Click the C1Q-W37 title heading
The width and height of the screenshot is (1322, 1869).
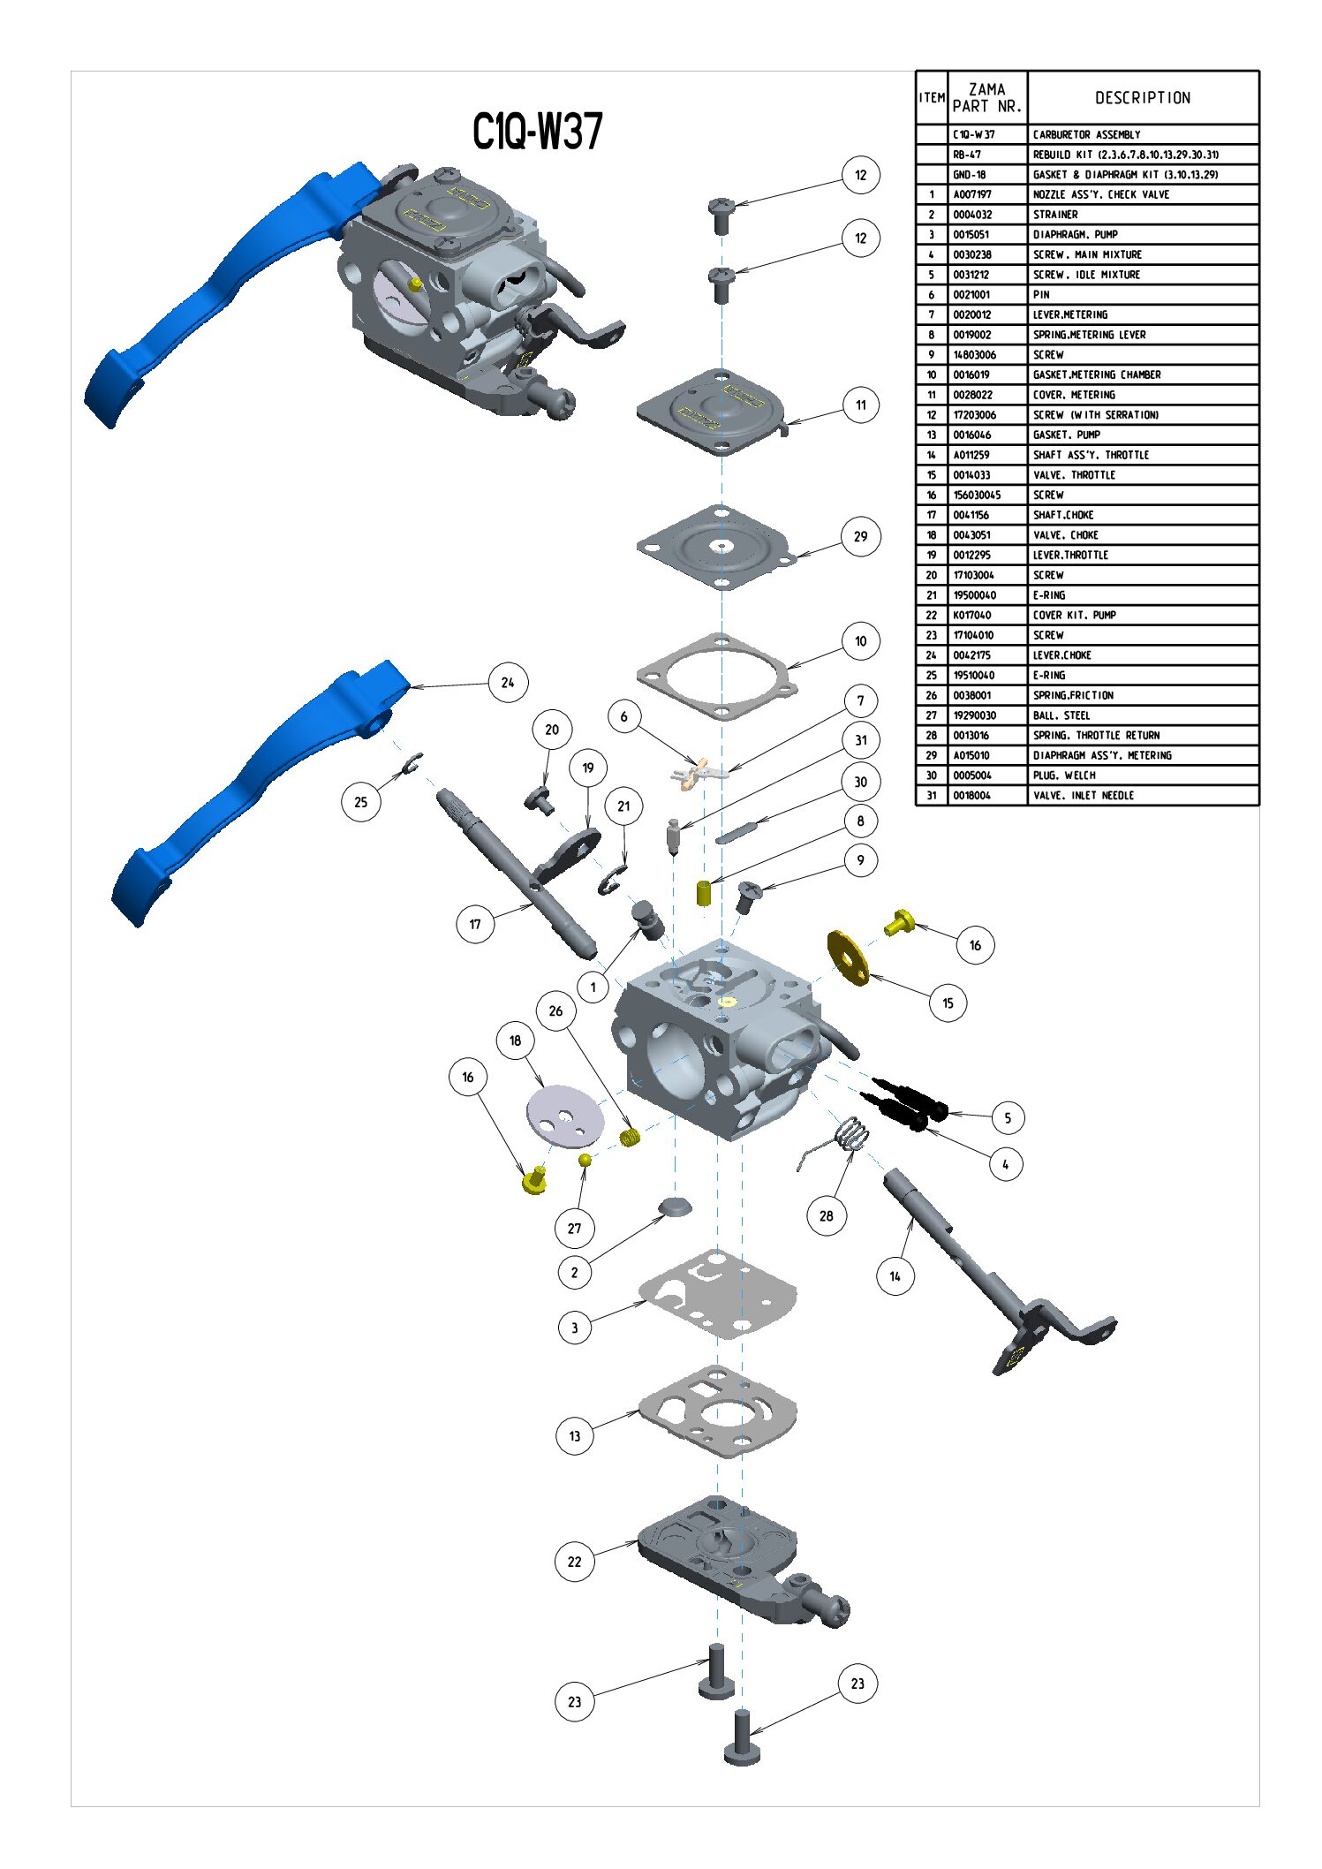pos(537,132)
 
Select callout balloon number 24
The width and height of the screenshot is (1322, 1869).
pos(508,682)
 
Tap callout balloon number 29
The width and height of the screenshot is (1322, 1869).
pos(860,536)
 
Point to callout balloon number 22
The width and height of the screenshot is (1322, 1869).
pos(575,1561)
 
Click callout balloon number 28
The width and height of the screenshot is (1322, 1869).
pos(827,1215)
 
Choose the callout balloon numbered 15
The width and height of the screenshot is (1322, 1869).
pos(948,1003)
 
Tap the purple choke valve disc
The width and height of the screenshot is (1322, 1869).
pos(565,1116)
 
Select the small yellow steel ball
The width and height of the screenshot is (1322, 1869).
pos(585,1159)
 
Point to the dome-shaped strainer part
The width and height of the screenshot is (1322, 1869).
pos(676,1207)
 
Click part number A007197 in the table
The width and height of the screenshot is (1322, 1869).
pos(972,194)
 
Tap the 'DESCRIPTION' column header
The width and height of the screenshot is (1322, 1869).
pos(1143,97)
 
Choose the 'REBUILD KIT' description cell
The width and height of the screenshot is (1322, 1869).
pos(1125,155)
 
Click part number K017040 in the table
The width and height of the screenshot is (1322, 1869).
pos(972,615)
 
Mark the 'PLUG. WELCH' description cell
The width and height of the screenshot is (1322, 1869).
pos(1064,776)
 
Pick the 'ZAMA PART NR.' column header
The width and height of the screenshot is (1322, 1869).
pos(987,97)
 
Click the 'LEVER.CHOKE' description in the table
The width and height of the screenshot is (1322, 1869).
pos(1062,655)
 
